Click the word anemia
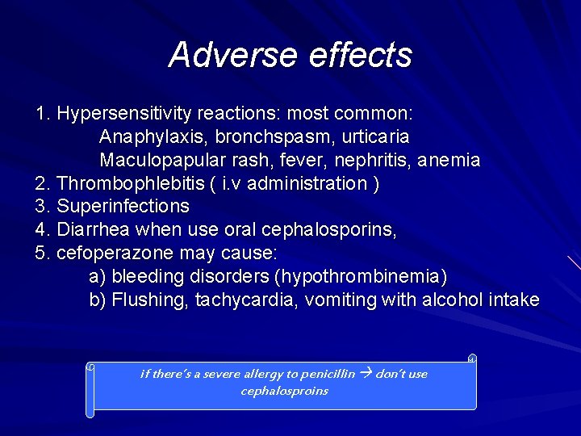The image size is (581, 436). point(449,160)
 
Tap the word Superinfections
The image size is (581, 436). point(123,207)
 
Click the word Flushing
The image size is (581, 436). point(147,300)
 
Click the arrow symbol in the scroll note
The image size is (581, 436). point(366,374)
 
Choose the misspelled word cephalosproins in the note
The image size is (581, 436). point(285,391)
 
